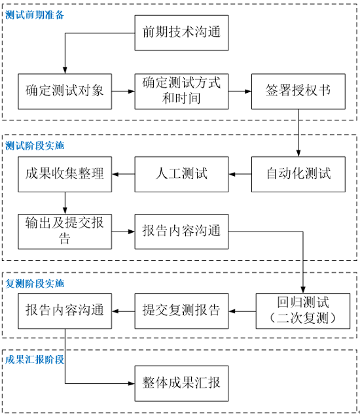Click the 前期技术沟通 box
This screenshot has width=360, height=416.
(181, 33)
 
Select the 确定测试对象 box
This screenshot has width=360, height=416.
(65, 92)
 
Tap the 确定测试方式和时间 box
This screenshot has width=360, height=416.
(181, 92)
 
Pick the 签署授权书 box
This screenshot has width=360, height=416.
(298, 92)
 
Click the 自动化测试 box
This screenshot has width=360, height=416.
(298, 174)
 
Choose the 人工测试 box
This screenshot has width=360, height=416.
(181, 174)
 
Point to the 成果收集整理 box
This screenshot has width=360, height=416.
(65, 174)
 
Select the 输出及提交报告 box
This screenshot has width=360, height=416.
(65, 232)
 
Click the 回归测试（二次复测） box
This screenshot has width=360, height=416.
(303, 311)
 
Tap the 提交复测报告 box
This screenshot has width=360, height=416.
(181, 311)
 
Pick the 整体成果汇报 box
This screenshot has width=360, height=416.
(181, 383)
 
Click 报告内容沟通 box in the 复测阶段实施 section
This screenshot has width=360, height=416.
(65, 311)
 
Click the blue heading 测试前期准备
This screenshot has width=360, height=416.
(35, 15)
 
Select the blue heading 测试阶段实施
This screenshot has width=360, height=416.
(35, 145)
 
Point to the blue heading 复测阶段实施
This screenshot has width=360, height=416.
(35, 284)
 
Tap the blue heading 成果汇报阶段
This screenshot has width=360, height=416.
(35, 360)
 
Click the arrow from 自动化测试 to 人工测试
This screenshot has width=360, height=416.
(240, 174)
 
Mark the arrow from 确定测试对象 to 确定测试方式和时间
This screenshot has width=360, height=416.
(123, 92)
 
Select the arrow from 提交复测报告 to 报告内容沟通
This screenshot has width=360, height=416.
(123, 311)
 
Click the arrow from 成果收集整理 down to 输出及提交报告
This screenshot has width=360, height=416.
(65, 203)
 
